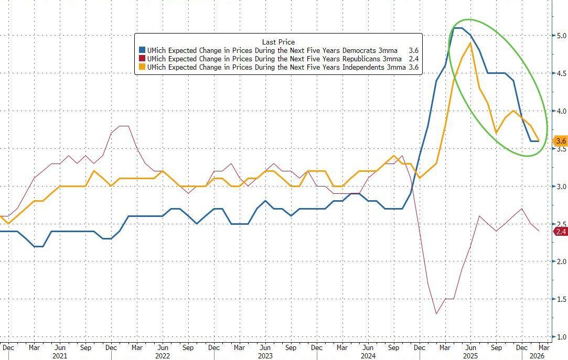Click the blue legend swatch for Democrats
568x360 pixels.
coord(142,50)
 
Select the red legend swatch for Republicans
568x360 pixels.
coord(142,59)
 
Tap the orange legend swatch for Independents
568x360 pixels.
coord(142,68)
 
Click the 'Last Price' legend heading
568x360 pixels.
coord(278,41)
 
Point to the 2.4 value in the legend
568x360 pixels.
coord(413,59)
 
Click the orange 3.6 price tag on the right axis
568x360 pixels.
coord(561,141)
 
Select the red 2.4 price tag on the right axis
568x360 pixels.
coord(561,231)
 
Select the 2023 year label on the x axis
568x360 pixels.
coord(265,355)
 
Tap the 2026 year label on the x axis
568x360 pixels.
coord(537,355)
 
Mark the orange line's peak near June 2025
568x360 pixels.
coord(470,43)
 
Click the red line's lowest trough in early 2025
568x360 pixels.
coord(436,314)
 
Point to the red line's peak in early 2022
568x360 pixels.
coord(123,126)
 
